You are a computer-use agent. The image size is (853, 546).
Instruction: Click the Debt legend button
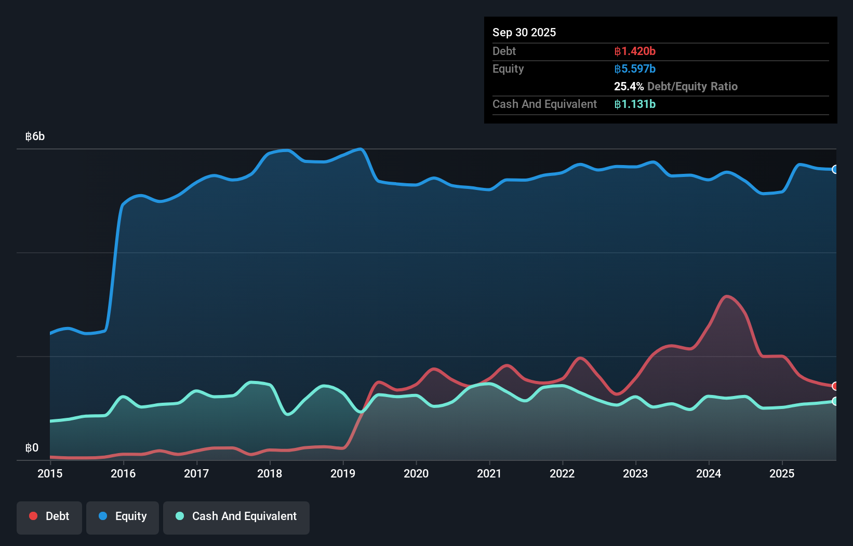tap(49, 516)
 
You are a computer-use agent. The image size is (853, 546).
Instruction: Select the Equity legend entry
tap(123, 516)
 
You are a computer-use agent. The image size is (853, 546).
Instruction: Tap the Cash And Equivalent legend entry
tap(236, 516)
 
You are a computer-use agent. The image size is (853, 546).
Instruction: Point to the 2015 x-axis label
tap(50, 473)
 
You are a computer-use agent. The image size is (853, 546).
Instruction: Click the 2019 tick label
tap(343, 473)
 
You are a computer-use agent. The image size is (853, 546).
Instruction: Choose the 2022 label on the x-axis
tap(562, 473)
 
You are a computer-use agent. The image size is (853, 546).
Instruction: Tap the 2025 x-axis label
tap(782, 473)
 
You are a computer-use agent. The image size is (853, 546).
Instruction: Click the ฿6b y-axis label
tap(35, 136)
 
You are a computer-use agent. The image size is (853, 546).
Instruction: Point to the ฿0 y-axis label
tap(32, 448)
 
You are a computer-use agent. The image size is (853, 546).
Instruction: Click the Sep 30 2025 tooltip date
tap(524, 32)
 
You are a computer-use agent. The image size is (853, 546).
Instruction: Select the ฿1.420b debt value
tap(634, 51)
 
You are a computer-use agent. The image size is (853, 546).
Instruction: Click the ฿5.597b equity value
tap(634, 69)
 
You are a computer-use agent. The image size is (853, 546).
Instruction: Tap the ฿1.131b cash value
tap(634, 104)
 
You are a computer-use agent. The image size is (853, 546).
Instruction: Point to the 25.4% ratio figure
tap(629, 87)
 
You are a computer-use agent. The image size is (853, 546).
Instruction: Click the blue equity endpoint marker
tap(835, 169)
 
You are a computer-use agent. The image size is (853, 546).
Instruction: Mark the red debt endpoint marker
tap(835, 386)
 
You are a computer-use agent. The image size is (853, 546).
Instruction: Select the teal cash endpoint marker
tap(835, 401)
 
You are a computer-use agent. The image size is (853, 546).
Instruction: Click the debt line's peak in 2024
tap(726, 296)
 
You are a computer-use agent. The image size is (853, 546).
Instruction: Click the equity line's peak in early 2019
tap(361, 149)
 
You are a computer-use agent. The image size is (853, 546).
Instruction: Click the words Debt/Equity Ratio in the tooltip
tap(692, 87)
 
